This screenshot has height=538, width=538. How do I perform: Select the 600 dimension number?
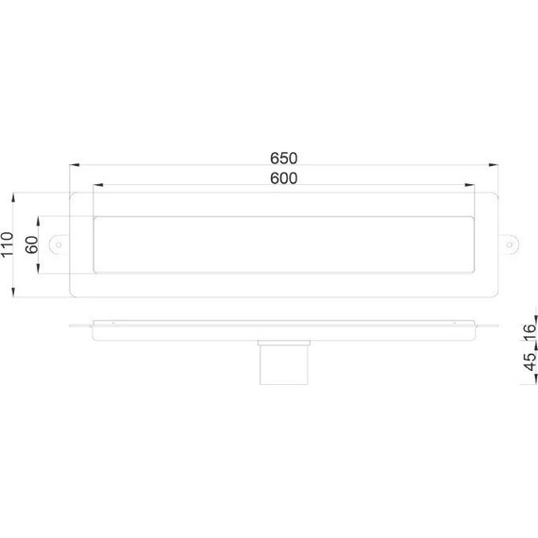(x=282, y=178)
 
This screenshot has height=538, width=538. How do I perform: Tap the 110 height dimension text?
(x=8, y=244)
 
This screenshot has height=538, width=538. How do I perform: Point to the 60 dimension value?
(x=31, y=244)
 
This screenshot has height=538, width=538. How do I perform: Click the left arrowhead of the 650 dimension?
(x=72, y=165)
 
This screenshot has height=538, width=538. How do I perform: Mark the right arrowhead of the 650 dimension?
(x=496, y=165)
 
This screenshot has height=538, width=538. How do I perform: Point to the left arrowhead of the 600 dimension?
(x=96, y=186)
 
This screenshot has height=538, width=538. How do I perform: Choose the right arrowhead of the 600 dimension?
(x=469, y=186)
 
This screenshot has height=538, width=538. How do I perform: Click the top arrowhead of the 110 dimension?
(x=12, y=197)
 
